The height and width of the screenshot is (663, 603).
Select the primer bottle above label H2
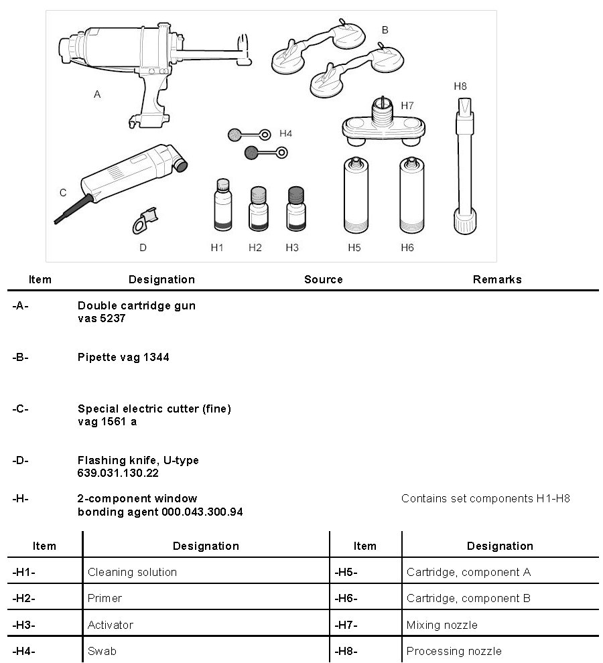tap(258, 209)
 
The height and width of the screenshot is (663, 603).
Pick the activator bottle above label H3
tap(295, 209)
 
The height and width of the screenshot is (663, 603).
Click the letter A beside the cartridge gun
tap(97, 95)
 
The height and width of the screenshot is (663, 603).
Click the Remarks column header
tap(496, 279)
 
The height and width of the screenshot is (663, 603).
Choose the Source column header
tap(323, 279)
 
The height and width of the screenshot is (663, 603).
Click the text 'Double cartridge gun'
tap(137, 305)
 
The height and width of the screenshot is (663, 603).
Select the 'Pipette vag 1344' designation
tap(123, 357)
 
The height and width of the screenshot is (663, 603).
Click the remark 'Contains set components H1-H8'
tap(485, 498)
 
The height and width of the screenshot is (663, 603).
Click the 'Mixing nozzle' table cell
tap(442, 625)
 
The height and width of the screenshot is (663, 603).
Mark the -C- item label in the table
tap(20, 409)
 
